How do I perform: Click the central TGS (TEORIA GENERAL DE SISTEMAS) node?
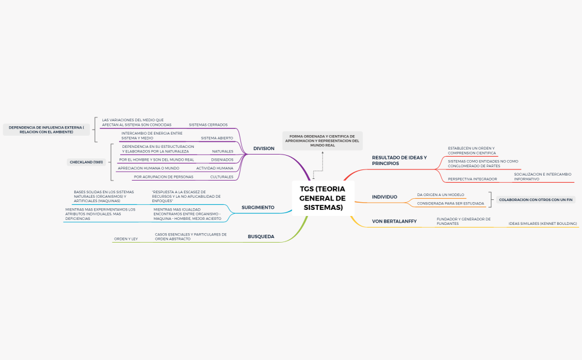tap(323, 198)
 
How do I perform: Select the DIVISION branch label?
tap(264, 148)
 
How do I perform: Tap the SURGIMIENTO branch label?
tap(258, 208)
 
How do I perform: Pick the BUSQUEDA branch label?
tap(261, 236)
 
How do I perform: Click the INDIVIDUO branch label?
tap(384, 197)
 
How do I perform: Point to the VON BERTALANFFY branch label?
tap(394, 221)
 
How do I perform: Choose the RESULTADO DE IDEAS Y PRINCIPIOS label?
tap(399, 160)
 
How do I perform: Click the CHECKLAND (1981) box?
tap(86, 162)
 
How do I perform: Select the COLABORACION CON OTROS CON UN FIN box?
tap(535, 200)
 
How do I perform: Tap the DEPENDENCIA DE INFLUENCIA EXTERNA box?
tap(47, 130)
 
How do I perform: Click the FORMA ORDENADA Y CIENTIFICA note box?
tap(322, 141)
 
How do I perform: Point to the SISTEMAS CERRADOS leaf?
tap(208, 125)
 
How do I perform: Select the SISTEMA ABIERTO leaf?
tap(217, 138)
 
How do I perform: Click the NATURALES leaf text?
tap(223, 151)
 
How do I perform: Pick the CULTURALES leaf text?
tap(222, 177)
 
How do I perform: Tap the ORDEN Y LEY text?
tap(126, 239)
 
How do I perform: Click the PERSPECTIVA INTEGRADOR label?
tap(472, 179)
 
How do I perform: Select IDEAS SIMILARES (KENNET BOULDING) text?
tap(543, 224)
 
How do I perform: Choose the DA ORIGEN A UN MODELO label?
tap(441, 195)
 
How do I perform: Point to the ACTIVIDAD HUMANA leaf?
tap(214, 168)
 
